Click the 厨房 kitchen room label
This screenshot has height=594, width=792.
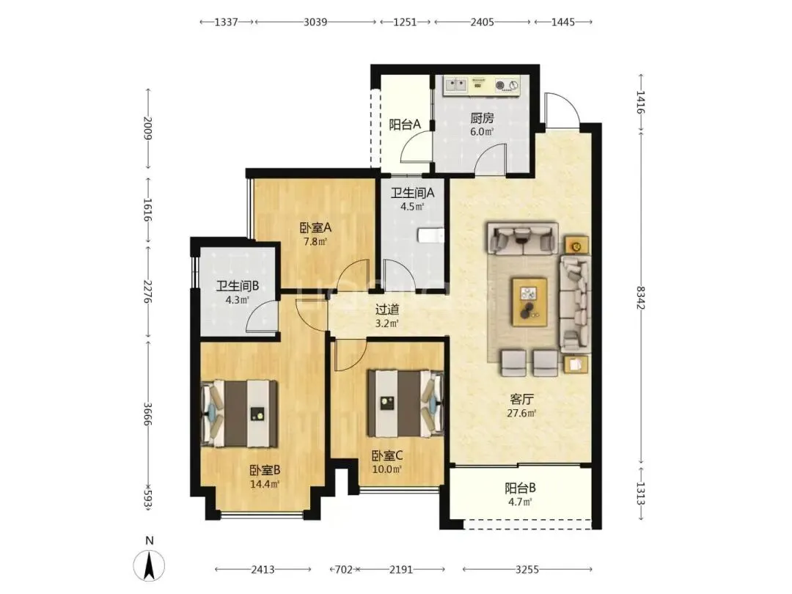482,118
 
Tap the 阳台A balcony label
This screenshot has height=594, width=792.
405,124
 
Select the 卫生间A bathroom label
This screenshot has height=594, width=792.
413,192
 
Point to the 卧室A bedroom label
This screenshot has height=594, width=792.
315,228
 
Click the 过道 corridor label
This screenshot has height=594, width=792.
387,309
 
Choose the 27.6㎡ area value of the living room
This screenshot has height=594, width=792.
521,413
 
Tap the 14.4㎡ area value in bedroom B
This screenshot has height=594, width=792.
265,484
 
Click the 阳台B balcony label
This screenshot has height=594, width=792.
520,488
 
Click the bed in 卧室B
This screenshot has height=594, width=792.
239,413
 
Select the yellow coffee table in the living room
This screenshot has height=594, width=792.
529,301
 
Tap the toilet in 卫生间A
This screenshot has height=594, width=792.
431,235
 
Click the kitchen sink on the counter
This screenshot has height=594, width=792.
456,85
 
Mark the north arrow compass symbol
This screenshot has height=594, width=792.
149,564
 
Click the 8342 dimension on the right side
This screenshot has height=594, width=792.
640,298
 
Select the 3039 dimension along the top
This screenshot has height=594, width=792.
315,22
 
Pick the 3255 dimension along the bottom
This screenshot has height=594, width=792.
527,569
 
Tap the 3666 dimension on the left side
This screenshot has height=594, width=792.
147,414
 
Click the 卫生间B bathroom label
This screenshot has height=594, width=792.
238,287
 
